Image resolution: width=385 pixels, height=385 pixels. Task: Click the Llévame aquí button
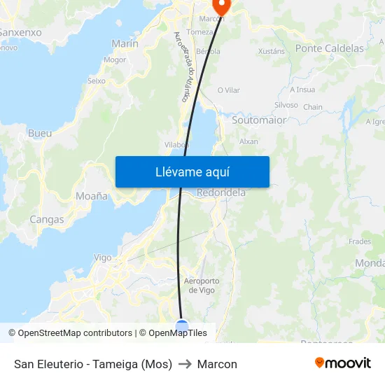click(192, 171)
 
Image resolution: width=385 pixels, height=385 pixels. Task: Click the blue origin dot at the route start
click(182, 325)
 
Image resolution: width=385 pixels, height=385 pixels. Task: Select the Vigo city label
click(103, 258)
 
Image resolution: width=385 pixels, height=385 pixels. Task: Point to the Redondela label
click(221, 192)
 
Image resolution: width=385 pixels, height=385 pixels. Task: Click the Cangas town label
click(47, 219)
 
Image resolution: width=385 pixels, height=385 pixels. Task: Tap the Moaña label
click(91, 196)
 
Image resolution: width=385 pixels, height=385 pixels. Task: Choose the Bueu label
click(40, 133)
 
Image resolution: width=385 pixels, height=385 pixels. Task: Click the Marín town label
click(125, 43)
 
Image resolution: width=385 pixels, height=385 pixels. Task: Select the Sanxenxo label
click(21, 32)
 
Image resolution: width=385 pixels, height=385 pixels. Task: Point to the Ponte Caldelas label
click(330, 48)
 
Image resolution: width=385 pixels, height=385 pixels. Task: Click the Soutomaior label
click(259, 120)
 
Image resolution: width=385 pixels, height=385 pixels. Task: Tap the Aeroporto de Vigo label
click(201, 286)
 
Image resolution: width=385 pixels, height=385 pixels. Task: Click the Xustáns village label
click(272, 51)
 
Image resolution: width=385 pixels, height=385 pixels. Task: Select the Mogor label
click(115, 60)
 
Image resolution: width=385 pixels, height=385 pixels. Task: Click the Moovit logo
click(343, 363)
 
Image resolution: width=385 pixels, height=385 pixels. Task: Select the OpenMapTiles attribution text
click(177, 333)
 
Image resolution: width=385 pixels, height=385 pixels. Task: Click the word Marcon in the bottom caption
click(217, 364)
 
